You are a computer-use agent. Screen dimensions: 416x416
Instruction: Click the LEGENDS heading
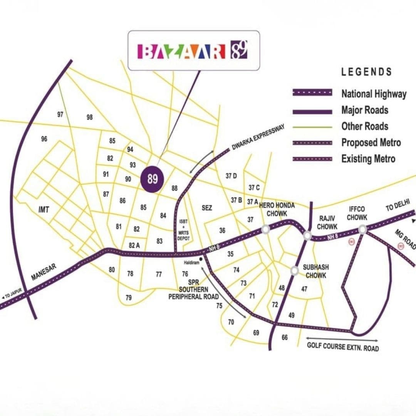[x=366, y=72]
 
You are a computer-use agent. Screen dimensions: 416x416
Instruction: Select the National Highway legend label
[x=373, y=94]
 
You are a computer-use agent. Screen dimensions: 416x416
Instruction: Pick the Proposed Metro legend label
[x=371, y=143]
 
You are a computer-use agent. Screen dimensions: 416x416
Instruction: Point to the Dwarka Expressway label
[x=258, y=138]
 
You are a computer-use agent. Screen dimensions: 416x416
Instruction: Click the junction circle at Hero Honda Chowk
[x=265, y=229]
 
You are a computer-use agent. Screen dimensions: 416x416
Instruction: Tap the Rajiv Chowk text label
[x=327, y=222]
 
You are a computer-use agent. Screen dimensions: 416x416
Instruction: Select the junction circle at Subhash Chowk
[x=295, y=271]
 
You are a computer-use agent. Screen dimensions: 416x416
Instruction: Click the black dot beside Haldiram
[x=201, y=259]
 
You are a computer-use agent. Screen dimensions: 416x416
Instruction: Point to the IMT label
[x=44, y=210]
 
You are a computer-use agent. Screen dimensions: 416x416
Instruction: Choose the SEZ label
[x=207, y=208]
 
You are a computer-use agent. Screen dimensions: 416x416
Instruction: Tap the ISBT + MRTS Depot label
[x=184, y=230]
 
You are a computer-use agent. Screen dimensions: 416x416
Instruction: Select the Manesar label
[x=44, y=272]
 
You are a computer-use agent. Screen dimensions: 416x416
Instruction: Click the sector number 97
[x=60, y=114]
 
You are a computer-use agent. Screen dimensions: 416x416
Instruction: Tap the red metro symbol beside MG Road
[x=401, y=246]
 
